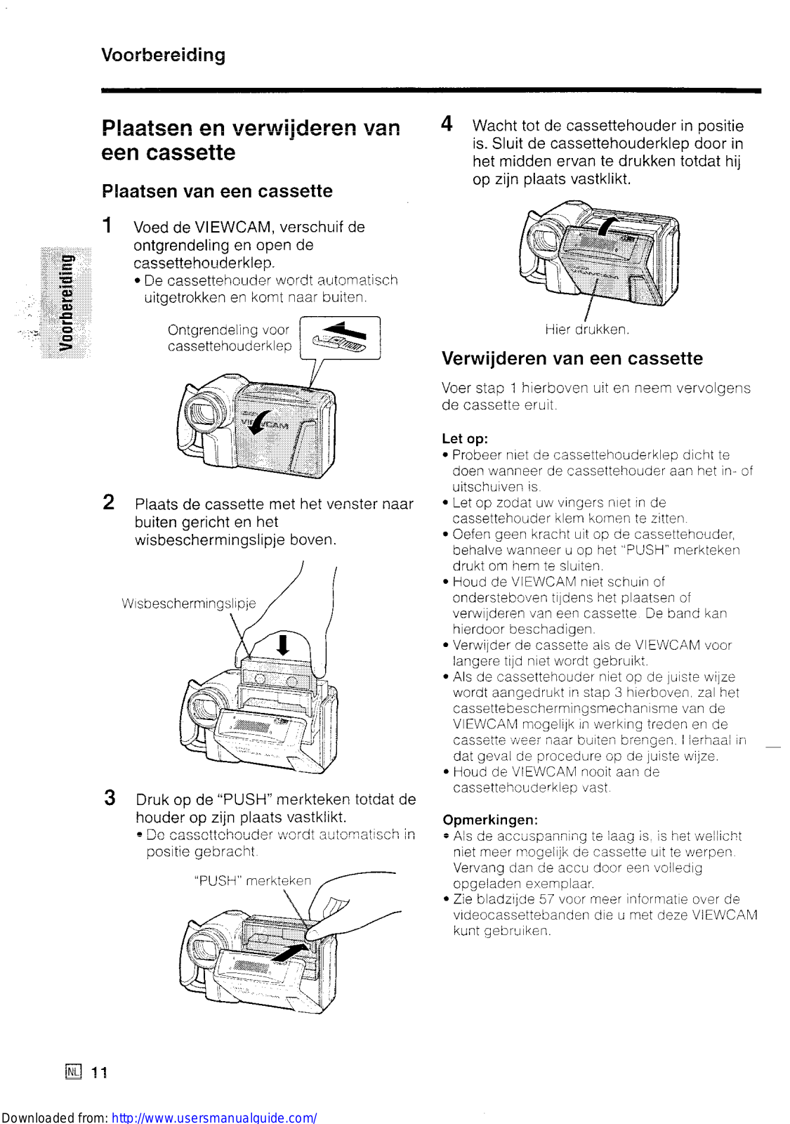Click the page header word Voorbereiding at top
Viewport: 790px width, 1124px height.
pos(163,55)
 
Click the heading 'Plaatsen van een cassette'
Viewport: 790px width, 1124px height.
pos(217,191)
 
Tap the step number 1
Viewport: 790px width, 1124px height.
pos(107,226)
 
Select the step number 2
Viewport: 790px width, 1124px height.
pos(109,502)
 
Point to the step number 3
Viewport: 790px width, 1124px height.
pos(110,797)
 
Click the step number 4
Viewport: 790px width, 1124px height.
pos(447,124)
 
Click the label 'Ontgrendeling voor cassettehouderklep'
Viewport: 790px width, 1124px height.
pos(229,338)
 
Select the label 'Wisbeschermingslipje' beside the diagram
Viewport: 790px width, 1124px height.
pos(188,603)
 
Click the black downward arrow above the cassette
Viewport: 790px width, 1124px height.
pos(283,644)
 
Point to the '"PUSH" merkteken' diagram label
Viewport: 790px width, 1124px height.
pos(252,881)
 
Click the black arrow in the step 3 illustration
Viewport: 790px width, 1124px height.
pos(289,953)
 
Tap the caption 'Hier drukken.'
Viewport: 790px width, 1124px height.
pos(586,329)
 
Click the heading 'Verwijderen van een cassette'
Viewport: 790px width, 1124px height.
pos(572,358)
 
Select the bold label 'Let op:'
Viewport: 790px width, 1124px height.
pos(464,438)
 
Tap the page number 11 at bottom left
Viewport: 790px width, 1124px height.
pos(99,1072)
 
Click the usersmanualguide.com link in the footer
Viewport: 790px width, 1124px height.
pos(214,1117)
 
